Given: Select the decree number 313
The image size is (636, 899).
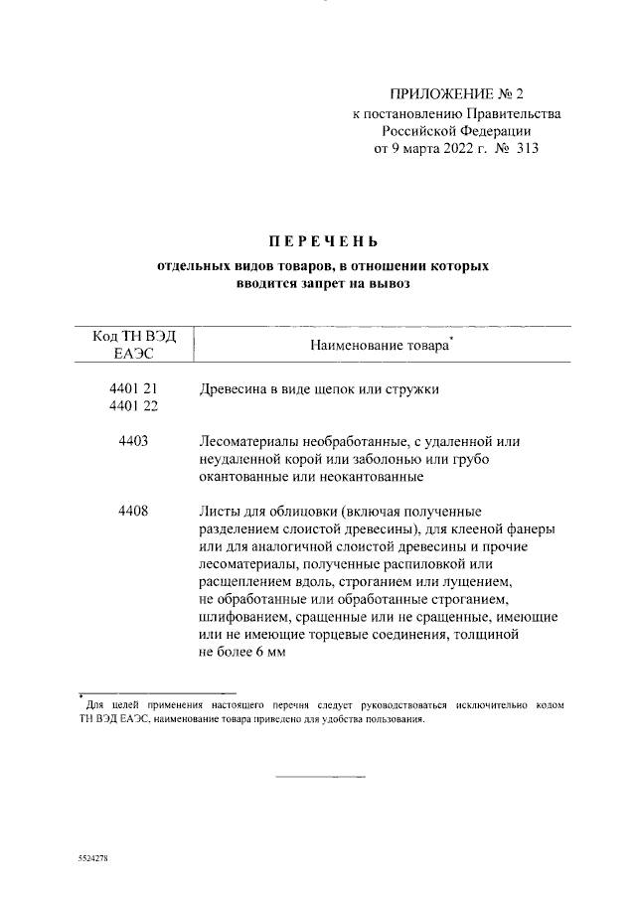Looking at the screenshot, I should point(526,149).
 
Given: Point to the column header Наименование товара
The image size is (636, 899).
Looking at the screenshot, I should point(381,347).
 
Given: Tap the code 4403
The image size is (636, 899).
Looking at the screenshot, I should point(132,441).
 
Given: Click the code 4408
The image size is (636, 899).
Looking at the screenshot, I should point(132,512).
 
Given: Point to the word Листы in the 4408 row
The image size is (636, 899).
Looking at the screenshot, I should point(221,512).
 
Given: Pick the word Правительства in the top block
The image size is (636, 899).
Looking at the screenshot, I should point(517,113).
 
